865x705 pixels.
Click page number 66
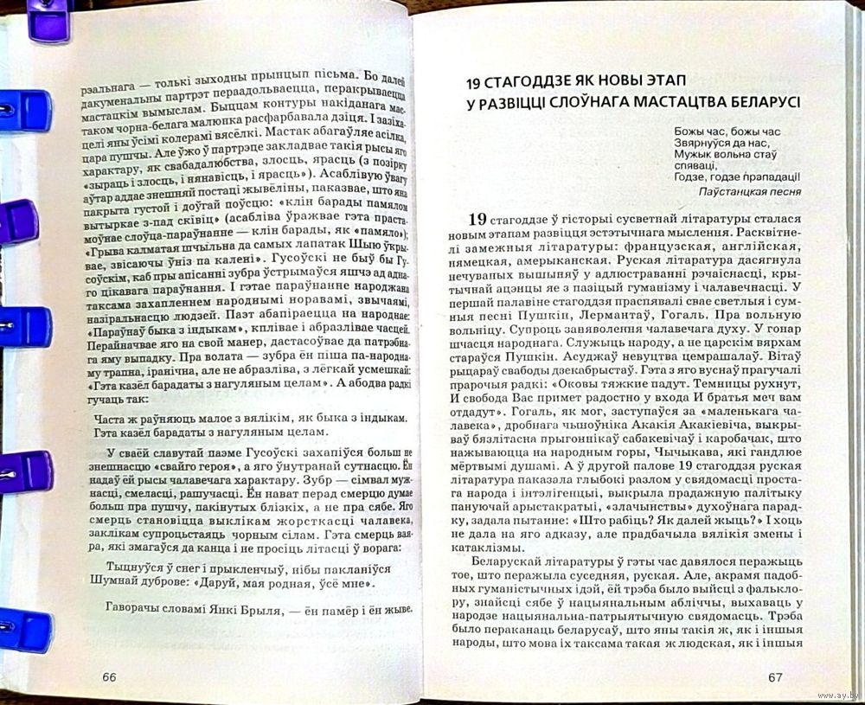109,676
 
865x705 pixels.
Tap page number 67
775,677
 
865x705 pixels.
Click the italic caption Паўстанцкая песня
749,192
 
